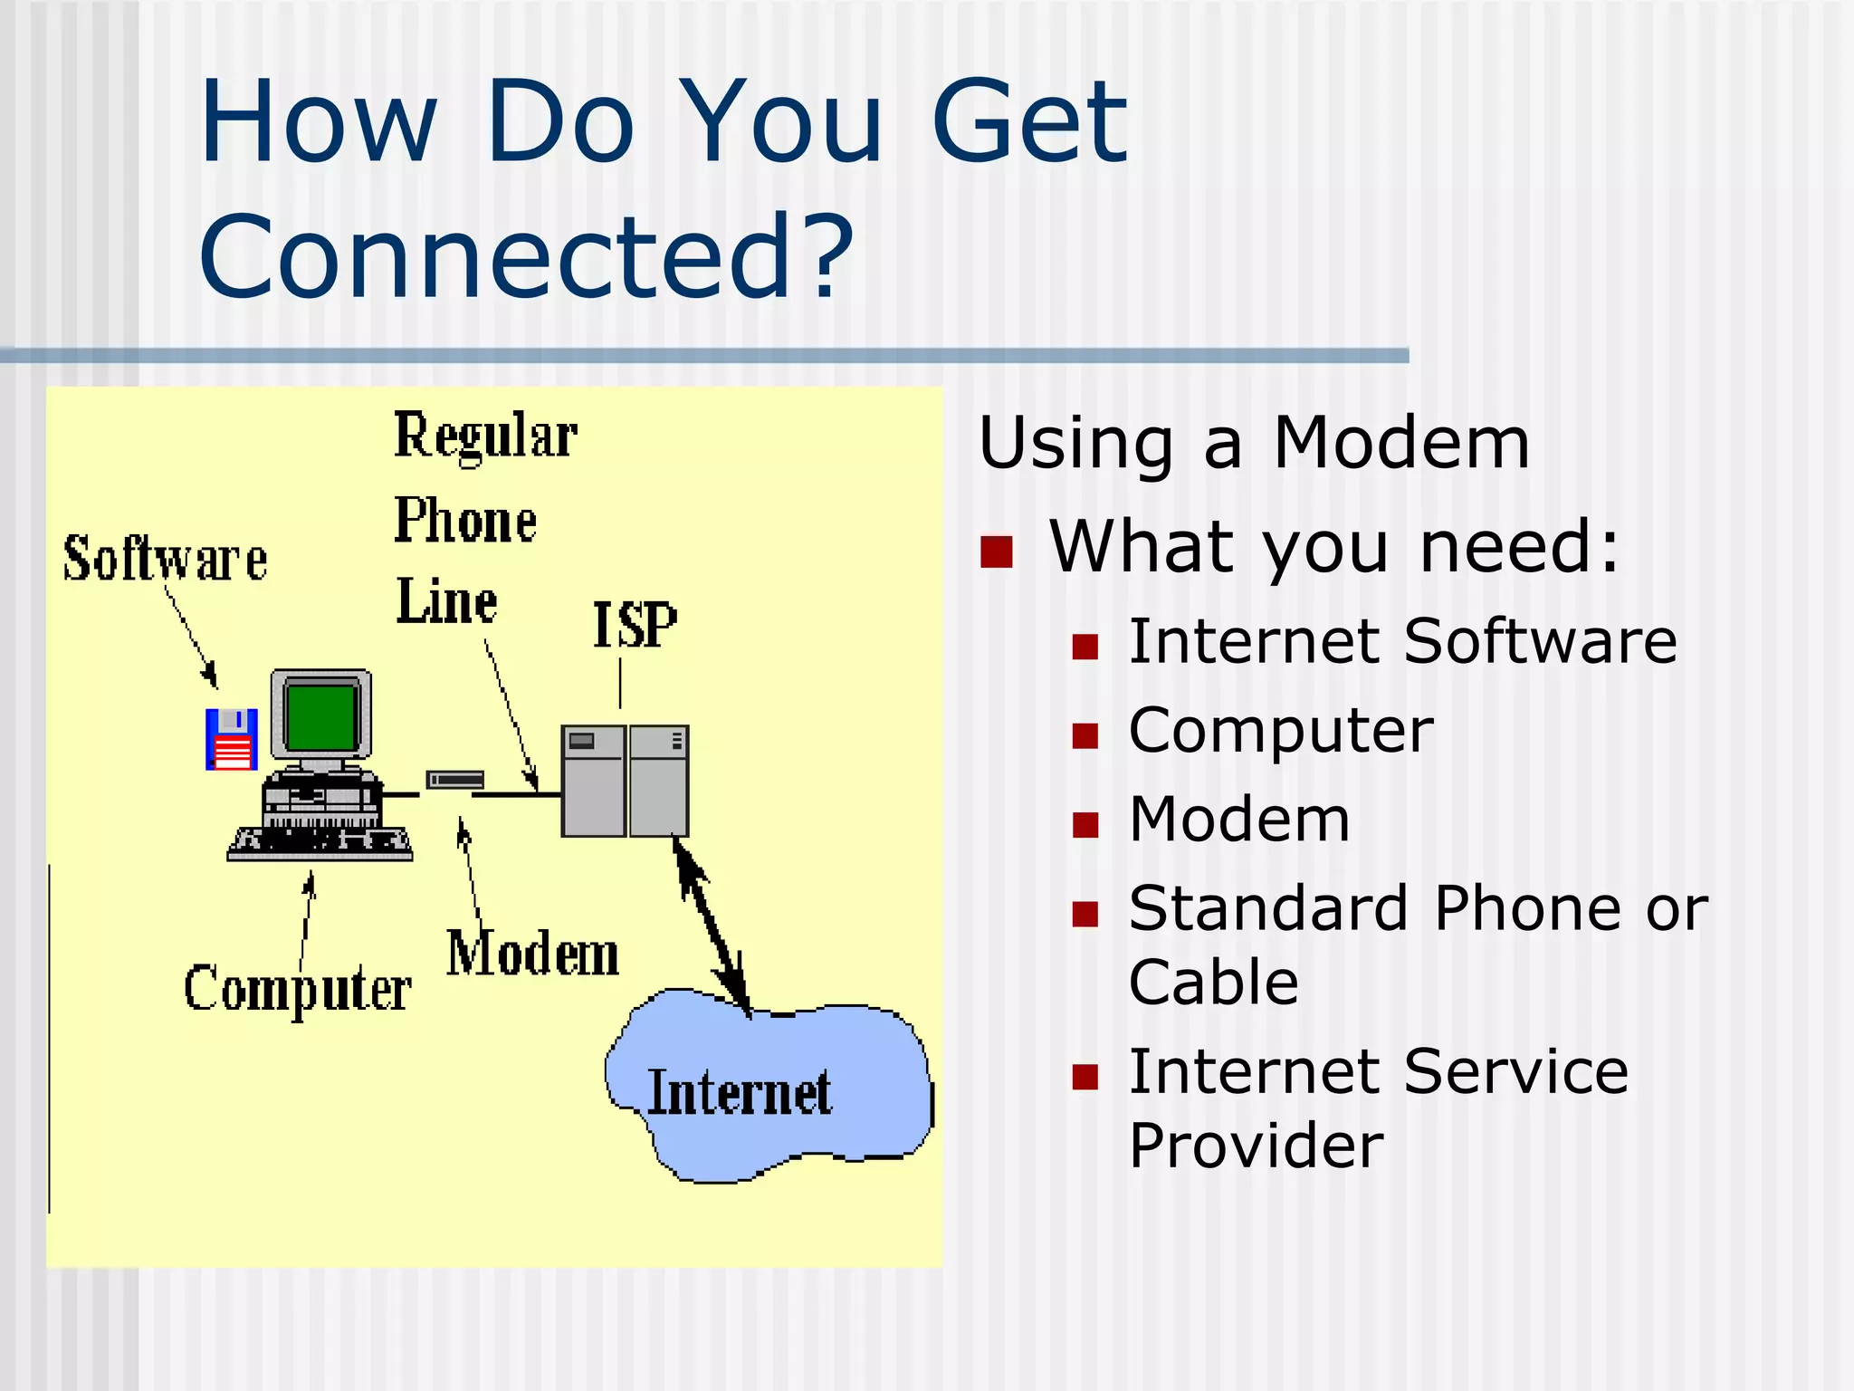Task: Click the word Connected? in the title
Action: [x=525, y=257]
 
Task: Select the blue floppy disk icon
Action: [x=232, y=738]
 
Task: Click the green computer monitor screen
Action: [x=320, y=716]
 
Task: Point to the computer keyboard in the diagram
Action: [x=320, y=842]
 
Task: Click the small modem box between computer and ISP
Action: [x=454, y=780]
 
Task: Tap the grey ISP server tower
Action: [x=625, y=781]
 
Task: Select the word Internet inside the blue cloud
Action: [x=739, y=1092]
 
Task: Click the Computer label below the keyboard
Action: [x=297, y=988]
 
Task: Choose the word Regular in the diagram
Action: [x=485, y=436]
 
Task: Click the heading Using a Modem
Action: [x=1254, y=443]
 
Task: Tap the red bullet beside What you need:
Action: [x=996, y=552]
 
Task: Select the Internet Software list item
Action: [x=1402, y=641]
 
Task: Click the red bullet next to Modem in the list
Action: [x=1085, y=824]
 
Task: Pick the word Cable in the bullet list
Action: [x=1213, y=982]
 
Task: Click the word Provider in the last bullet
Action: [x=1256, y=1146]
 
